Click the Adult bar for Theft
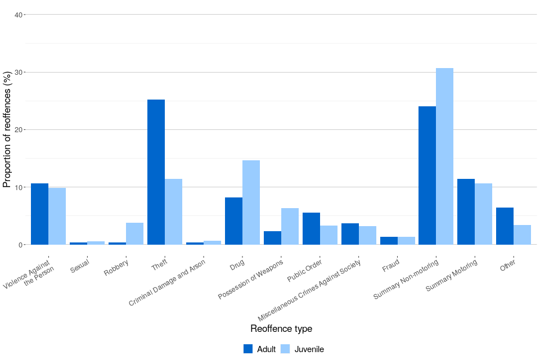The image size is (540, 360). pos(156,172)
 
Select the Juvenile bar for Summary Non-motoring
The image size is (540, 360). pos(444,156)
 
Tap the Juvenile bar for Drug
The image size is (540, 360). pos(251,202)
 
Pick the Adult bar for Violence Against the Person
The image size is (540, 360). pos(39,214)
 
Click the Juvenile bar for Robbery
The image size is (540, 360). pos(134,233)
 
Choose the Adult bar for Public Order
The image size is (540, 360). pos(311,228)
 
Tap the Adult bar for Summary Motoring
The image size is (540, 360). pos(466,211)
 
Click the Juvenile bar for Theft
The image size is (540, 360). pos(173,211)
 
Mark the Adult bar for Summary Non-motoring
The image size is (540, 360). pos(427,175)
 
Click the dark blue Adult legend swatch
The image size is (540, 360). pos(248,349)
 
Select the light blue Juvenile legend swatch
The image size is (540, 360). pos(285,349)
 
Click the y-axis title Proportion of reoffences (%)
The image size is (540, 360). pos(7,129)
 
